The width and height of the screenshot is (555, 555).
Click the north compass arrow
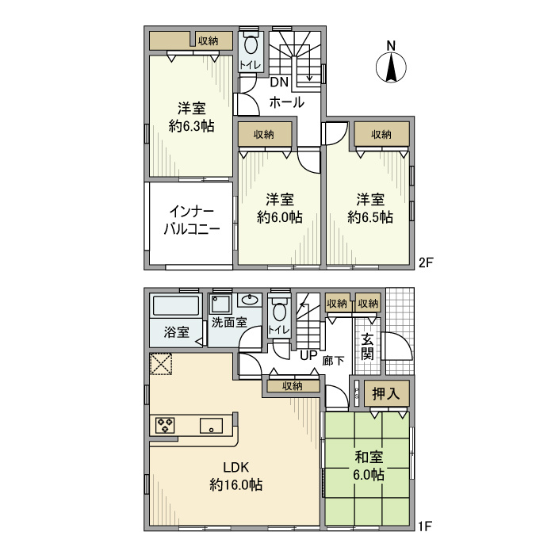click(x=390, y=66)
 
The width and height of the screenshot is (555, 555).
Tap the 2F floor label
click(x=427, y=261)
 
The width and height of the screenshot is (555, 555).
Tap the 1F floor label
click(x=427, y=525)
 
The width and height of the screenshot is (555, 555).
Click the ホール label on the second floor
click(x=285, y=102)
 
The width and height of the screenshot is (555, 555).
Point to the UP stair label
click(x=308, y=356)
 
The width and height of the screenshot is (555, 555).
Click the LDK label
click(x=236, y=466)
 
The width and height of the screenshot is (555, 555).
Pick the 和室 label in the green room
click(x=368, y=457)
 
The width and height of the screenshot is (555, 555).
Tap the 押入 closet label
click(x=386, y=394)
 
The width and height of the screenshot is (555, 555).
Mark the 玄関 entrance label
click(x=368, y=346)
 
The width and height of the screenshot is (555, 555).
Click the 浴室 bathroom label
click(x=177, y=332)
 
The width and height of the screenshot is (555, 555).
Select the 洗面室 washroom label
click(x=228, y=323)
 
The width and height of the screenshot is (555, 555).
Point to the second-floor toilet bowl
click(x=252, y=44)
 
